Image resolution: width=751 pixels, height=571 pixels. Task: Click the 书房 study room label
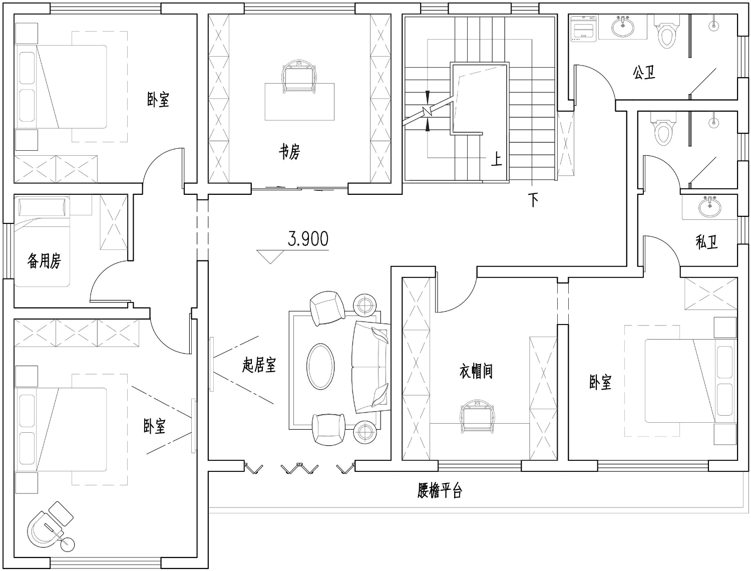[289, 152]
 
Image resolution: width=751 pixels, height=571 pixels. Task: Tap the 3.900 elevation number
[308, 239]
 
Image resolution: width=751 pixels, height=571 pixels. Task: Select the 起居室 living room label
[259, 365]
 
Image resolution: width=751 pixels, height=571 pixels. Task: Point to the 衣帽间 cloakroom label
[476, 371]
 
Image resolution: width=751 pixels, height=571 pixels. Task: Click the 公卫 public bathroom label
[644, 73]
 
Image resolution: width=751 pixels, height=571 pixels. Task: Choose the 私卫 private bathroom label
[706, 241]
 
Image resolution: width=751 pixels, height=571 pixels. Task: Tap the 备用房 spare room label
[44, 261]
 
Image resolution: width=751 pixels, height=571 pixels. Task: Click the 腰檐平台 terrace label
[440, 490]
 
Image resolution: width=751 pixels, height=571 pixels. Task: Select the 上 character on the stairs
[497, 159]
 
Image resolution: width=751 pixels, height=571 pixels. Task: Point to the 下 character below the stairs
[533, 200]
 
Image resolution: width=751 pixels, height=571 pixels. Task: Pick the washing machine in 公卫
[584, 29]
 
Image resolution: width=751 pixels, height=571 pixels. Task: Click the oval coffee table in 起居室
[320, 367]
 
